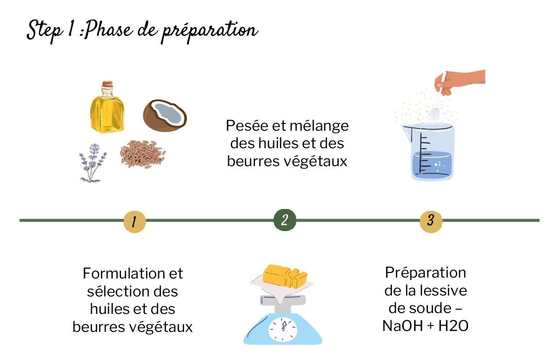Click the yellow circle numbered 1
pos(134,221)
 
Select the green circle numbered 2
pos(285,220)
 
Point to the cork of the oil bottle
pos(107,85)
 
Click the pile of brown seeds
pos(143,154)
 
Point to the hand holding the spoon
pos(460,82)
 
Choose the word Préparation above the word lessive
pos(425,273)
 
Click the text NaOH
pos(403,326)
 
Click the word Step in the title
pos(45,31)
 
